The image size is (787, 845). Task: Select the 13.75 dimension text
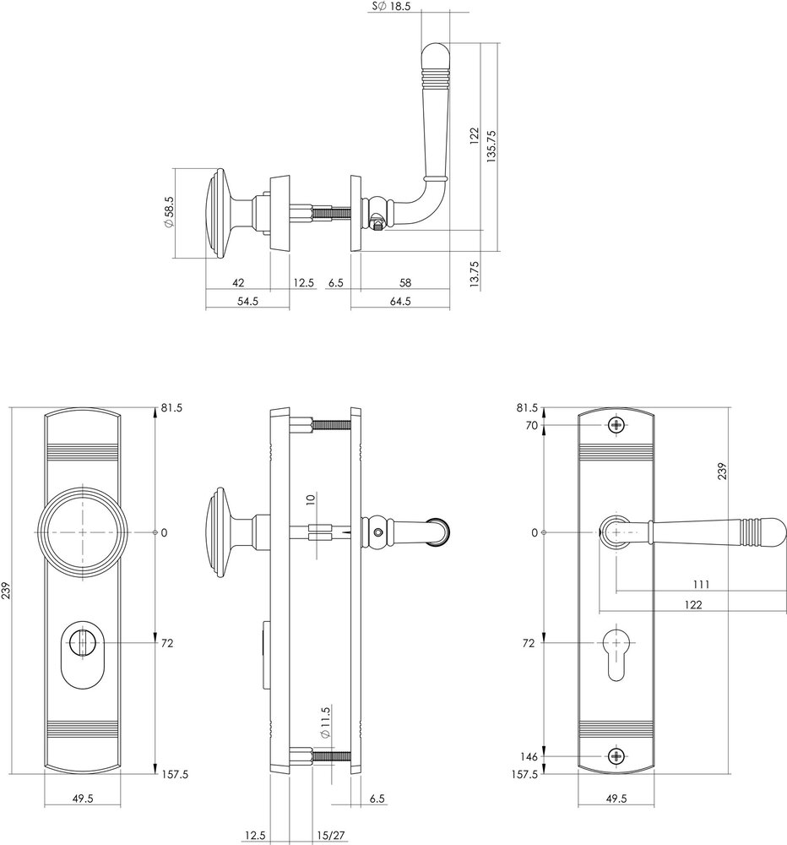click(474, 275)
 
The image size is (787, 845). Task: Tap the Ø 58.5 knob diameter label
click(169, 214)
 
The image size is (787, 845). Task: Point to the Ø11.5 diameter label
click(323, 723)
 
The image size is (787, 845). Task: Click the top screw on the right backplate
click(618, 425)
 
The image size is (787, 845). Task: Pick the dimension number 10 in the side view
click(311, 500)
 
